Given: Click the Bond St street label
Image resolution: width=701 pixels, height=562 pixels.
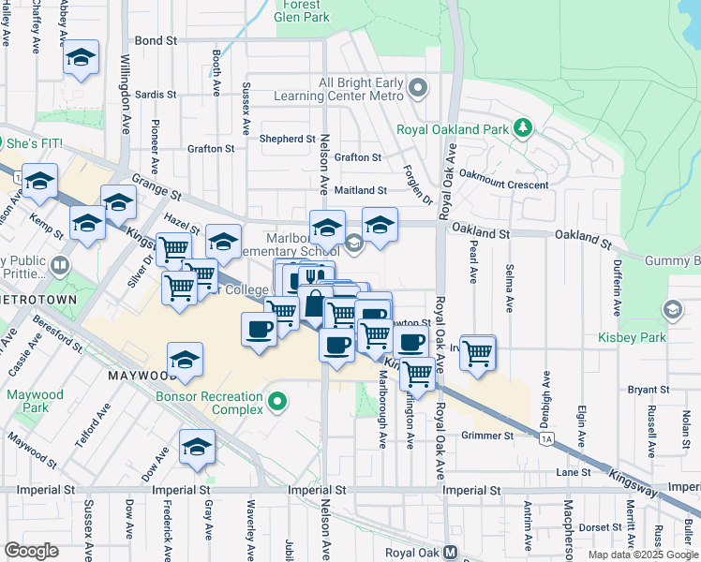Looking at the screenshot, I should coord(156,41).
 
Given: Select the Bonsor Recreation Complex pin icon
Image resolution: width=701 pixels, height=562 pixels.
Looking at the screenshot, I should coord(276,403).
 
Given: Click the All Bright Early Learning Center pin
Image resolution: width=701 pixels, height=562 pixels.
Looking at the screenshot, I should coord(418,89).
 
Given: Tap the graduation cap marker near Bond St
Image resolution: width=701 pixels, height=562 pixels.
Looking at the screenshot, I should coord(82,59).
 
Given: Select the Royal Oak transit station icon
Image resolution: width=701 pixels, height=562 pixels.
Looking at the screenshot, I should coord(451,553).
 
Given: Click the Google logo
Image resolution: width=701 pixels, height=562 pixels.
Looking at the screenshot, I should coord(31,551).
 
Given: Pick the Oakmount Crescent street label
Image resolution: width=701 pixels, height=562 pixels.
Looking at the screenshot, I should coord(503,185).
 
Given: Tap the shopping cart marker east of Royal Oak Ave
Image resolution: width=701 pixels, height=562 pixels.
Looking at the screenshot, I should coord(478,353).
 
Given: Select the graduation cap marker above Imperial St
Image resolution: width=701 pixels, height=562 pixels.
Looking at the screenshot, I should coord(197,447).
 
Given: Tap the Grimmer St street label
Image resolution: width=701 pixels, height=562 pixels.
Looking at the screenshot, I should coord(487,436).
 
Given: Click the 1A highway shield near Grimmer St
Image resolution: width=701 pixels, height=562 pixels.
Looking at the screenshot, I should coord(547,437).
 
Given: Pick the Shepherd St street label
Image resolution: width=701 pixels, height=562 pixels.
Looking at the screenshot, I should coord(288,139).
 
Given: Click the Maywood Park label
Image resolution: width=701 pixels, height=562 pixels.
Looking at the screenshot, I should coord(35,401).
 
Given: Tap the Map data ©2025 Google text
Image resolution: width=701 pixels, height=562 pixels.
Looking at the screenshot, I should coord(641,555).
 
